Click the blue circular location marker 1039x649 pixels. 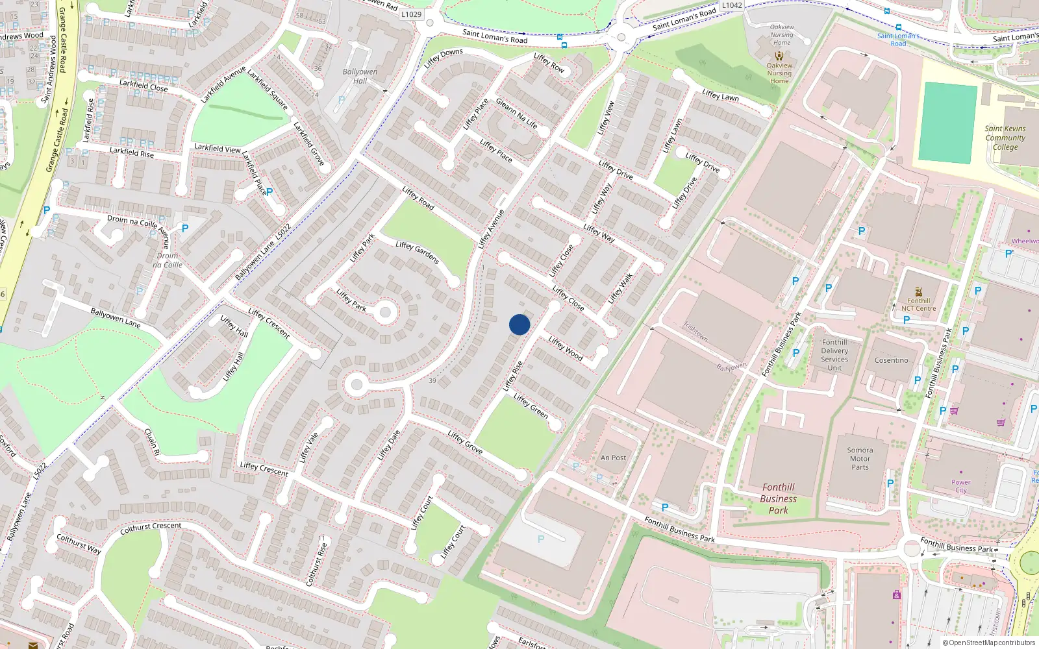point(519,324)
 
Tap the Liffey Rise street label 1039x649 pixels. point(513,376)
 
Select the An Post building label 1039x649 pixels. point(613,458)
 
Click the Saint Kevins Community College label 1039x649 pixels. point(1005,138)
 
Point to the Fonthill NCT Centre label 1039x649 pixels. point(918,304)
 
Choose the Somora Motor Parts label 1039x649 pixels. point(860,458)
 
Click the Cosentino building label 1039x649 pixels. point(891,360)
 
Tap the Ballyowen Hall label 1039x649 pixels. point(360,76)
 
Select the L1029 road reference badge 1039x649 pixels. point(411,14)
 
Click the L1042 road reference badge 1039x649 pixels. point(732,5)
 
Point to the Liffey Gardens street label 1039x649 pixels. point(418,252)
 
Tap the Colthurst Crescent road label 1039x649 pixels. point(151,528)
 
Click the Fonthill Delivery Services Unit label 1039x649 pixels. point(834,355)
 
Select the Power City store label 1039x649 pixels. point(961,486)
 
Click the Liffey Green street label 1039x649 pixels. point(531,406)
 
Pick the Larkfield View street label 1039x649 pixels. point(218,149)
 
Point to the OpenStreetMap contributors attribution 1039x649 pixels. point(988,643)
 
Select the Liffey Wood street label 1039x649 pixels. point(565,349)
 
